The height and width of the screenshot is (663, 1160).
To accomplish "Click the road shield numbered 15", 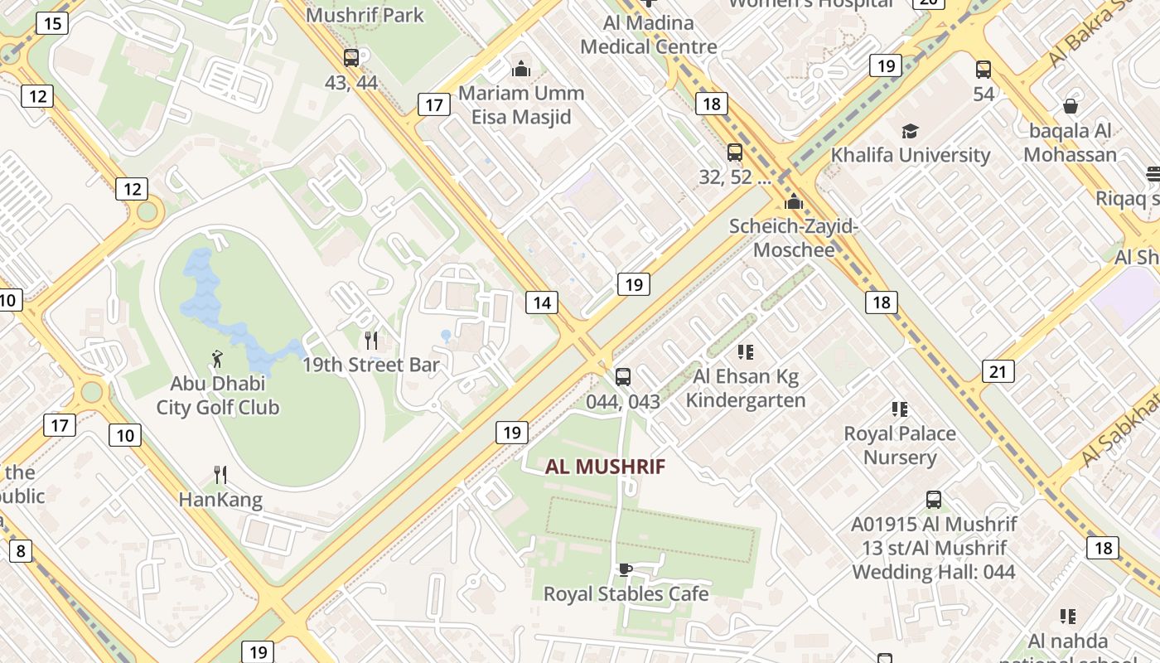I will pos(52,22).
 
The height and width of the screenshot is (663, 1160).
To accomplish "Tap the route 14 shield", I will pos(541,302).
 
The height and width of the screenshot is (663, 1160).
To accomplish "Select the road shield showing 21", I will pos(998,371).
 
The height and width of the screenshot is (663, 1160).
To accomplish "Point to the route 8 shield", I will pos(20,550).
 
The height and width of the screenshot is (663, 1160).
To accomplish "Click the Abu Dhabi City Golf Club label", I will pos(218,396).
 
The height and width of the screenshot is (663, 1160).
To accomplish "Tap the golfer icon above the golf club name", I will pos(218,359).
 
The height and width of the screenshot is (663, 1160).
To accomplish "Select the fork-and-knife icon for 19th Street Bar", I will pos(371,340).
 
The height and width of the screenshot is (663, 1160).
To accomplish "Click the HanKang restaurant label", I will pos(220,500).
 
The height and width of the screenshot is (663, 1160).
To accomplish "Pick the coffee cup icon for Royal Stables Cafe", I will pos(626,569).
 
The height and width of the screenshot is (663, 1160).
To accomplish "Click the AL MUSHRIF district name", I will pos(605,467).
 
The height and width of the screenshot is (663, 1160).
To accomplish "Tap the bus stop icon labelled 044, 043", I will pos(623,377).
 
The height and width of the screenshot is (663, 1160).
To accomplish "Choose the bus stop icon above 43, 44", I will pos(351,58).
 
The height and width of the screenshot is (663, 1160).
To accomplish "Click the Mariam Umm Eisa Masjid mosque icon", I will pos(521,68).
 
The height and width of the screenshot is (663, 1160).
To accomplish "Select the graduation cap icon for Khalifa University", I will pos(910,131).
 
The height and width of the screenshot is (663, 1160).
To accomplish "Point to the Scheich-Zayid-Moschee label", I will pos(794,238).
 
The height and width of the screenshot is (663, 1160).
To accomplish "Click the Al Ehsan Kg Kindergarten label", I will pos(746,389).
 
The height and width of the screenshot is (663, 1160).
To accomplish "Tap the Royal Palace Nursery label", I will pos(900,445).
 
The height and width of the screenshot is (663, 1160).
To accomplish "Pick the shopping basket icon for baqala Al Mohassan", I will pos(1071,106).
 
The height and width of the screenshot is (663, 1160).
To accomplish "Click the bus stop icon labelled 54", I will pos(984,70).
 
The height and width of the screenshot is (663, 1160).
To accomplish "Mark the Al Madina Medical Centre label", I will pos(648,34).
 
